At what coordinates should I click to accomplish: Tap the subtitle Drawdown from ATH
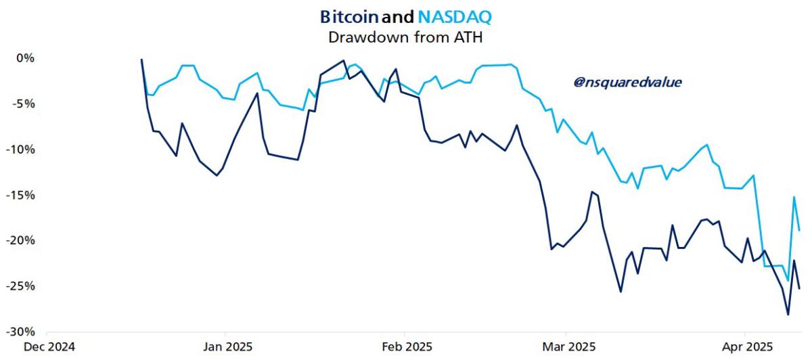(405, 37)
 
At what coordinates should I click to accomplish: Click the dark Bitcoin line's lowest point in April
(788, 314)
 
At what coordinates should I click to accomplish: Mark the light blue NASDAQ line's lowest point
(788, 281)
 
